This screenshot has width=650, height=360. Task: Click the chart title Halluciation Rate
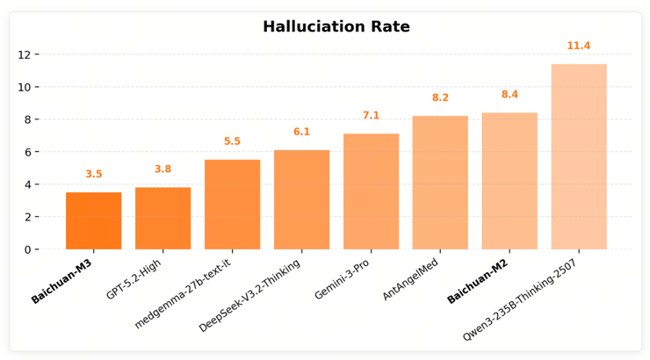point(336,27)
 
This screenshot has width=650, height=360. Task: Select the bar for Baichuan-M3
point(93,220)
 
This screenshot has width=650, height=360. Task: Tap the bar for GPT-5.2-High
point(162,218)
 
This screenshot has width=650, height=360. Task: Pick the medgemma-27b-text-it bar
point(232,205)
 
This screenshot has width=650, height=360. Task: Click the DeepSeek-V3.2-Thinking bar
point(301,199)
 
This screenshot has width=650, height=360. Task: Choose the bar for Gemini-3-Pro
point(371,191)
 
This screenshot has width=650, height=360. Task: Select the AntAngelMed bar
point(440,183)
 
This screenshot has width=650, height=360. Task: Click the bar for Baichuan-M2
point(509,181)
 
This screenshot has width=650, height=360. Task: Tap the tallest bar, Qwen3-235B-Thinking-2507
point(579,156)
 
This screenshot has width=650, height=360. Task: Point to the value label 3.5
point(93,175)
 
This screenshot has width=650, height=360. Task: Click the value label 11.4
point(579,47)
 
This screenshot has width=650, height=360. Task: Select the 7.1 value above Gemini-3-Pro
point(371,116)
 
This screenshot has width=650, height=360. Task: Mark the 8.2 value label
point(440,98)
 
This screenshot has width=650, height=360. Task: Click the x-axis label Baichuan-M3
point(62,281)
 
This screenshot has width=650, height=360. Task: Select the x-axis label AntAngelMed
point(411,280)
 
